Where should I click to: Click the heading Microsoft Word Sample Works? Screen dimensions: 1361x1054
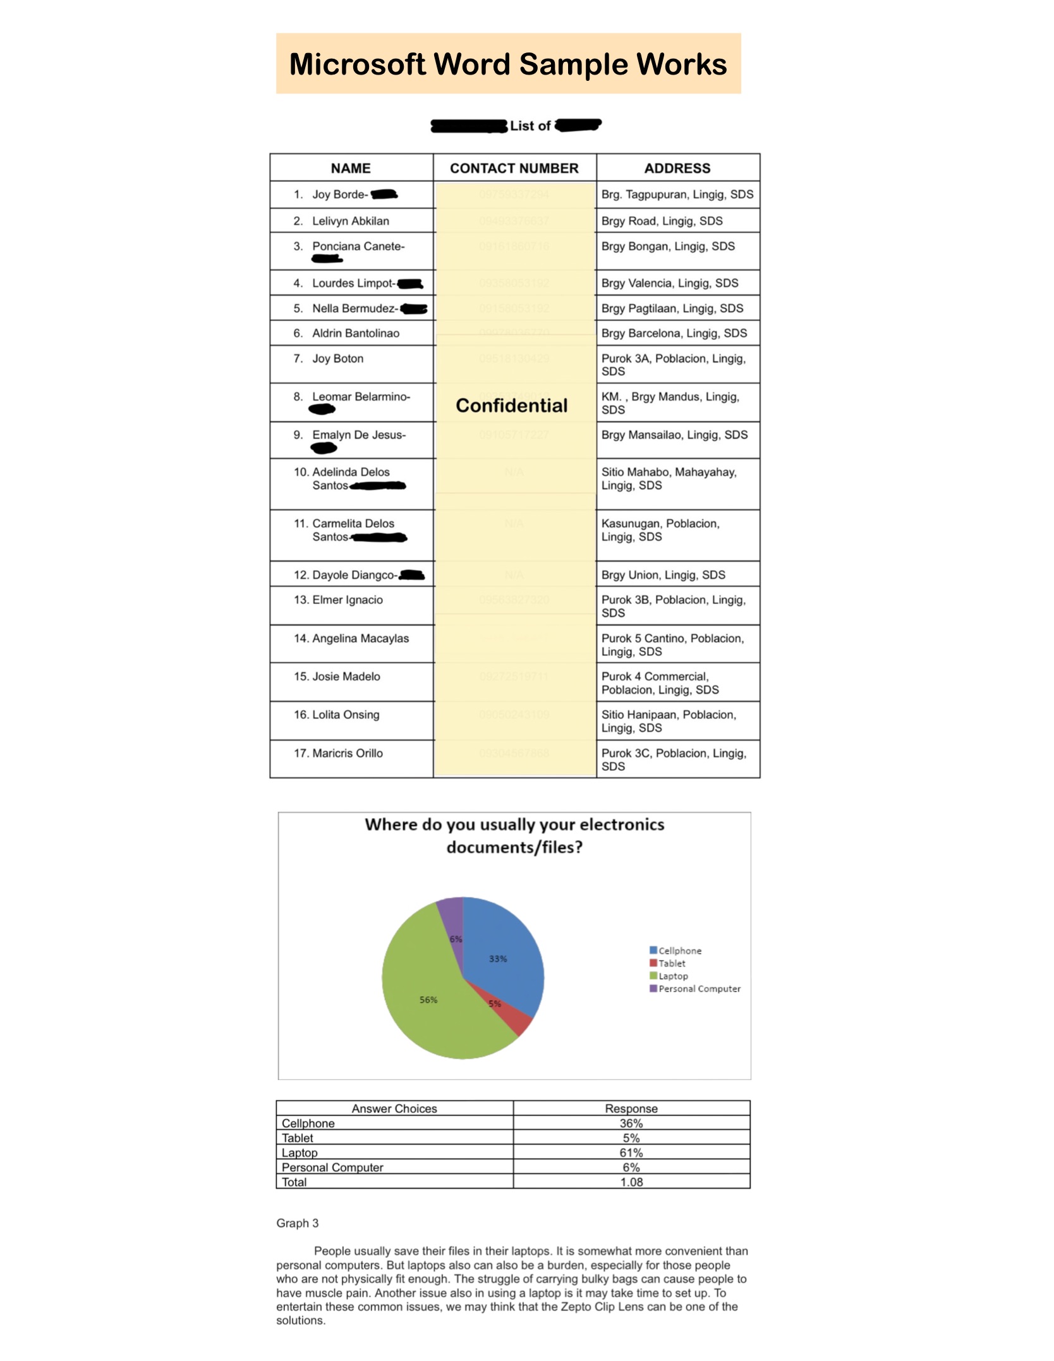coord(508,64)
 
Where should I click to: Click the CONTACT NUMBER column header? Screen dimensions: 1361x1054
coord(514,168)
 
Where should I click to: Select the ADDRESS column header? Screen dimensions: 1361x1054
coord(677,168)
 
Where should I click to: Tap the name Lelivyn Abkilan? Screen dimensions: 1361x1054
coord(350,221)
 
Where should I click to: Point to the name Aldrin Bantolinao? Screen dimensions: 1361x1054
coord(355,333)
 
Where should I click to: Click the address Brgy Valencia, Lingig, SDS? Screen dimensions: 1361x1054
coord(669,283)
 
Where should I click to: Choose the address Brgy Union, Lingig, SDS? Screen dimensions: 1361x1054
coord(663,575)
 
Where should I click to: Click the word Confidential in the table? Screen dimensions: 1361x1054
coord(511,406)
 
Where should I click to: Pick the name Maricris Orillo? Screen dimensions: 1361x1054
coord(347,753)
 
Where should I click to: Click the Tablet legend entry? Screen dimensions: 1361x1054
coord(671,964)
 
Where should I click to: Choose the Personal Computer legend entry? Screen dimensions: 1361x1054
coord(699,989)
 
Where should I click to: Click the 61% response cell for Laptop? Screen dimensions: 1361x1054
coord(631,1152)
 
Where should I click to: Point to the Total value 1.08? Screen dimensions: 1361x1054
coord(631,1182)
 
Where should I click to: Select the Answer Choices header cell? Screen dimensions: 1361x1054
coord(394,1108)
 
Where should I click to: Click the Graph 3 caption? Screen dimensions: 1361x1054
coord(297,1223)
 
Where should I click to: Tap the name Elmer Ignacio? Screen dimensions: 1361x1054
coord(347,600)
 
